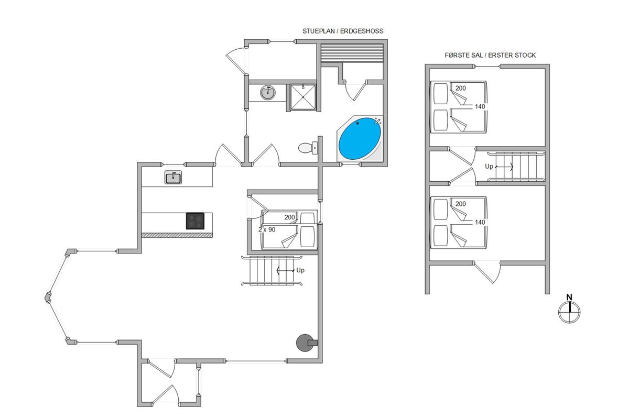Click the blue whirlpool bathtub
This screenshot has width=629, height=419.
[x=360, y=139]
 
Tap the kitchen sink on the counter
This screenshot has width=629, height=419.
[x=173, y=178]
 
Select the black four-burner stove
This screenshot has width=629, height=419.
[x=195, y=221]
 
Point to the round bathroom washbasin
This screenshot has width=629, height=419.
[x=268, y=93]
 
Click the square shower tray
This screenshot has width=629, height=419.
[x=303, y=97]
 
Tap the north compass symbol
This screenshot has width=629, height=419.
[x=569, y=312]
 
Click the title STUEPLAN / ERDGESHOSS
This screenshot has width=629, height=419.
[x=343, y=31]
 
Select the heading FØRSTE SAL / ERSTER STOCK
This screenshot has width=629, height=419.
[x=490, y=56]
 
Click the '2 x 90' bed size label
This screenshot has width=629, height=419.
[x=267, y=229]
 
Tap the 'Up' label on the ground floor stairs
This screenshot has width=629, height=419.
[x=300, y=270]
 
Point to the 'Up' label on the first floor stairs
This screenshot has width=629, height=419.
[x=489, y=167]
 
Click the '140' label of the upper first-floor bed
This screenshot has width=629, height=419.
[x=480, y=107]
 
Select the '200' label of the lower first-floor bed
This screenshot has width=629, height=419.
[x=461, y=204]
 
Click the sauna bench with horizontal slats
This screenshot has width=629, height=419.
[x=352, y=53]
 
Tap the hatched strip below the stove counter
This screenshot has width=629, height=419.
[x=177, y=235]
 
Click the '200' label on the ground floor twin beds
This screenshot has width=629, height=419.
[x=289, y=217]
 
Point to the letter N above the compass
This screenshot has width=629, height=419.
[x=569, y=297]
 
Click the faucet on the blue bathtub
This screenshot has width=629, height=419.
[x=377, y=122]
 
